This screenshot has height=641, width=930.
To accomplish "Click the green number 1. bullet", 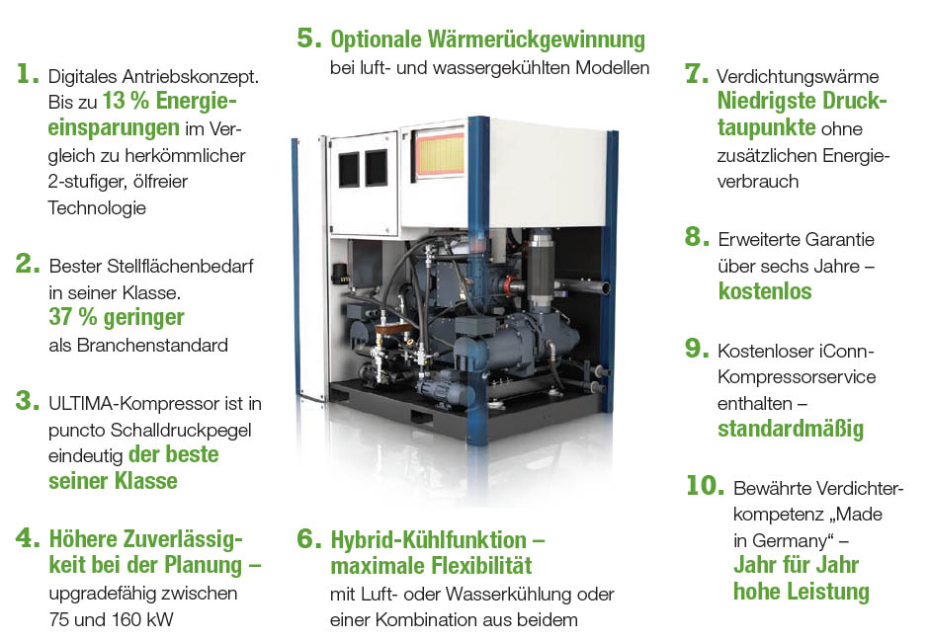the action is (28, 73).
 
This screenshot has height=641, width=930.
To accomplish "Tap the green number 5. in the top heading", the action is (309, 38).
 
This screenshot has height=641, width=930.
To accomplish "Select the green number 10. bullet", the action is (705, 485).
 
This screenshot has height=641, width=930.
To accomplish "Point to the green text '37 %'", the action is (72, 317).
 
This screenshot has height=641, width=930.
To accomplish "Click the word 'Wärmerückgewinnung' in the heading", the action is (537, 40).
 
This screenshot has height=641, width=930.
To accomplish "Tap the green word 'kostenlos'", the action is (765, 291).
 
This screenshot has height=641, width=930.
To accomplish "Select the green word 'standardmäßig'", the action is (791, 429).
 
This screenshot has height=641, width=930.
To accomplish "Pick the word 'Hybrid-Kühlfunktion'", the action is (428, 539).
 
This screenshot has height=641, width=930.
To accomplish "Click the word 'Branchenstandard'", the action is (152, 345).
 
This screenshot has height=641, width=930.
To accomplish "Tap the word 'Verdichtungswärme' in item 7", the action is (798, 76).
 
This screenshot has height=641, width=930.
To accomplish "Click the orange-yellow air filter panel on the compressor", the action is (439, 153).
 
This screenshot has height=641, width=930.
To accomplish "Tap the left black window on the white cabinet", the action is (348, 169).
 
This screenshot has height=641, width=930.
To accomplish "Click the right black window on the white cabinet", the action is (376, 167).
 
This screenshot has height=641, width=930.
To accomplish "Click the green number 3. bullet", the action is (28, 401).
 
